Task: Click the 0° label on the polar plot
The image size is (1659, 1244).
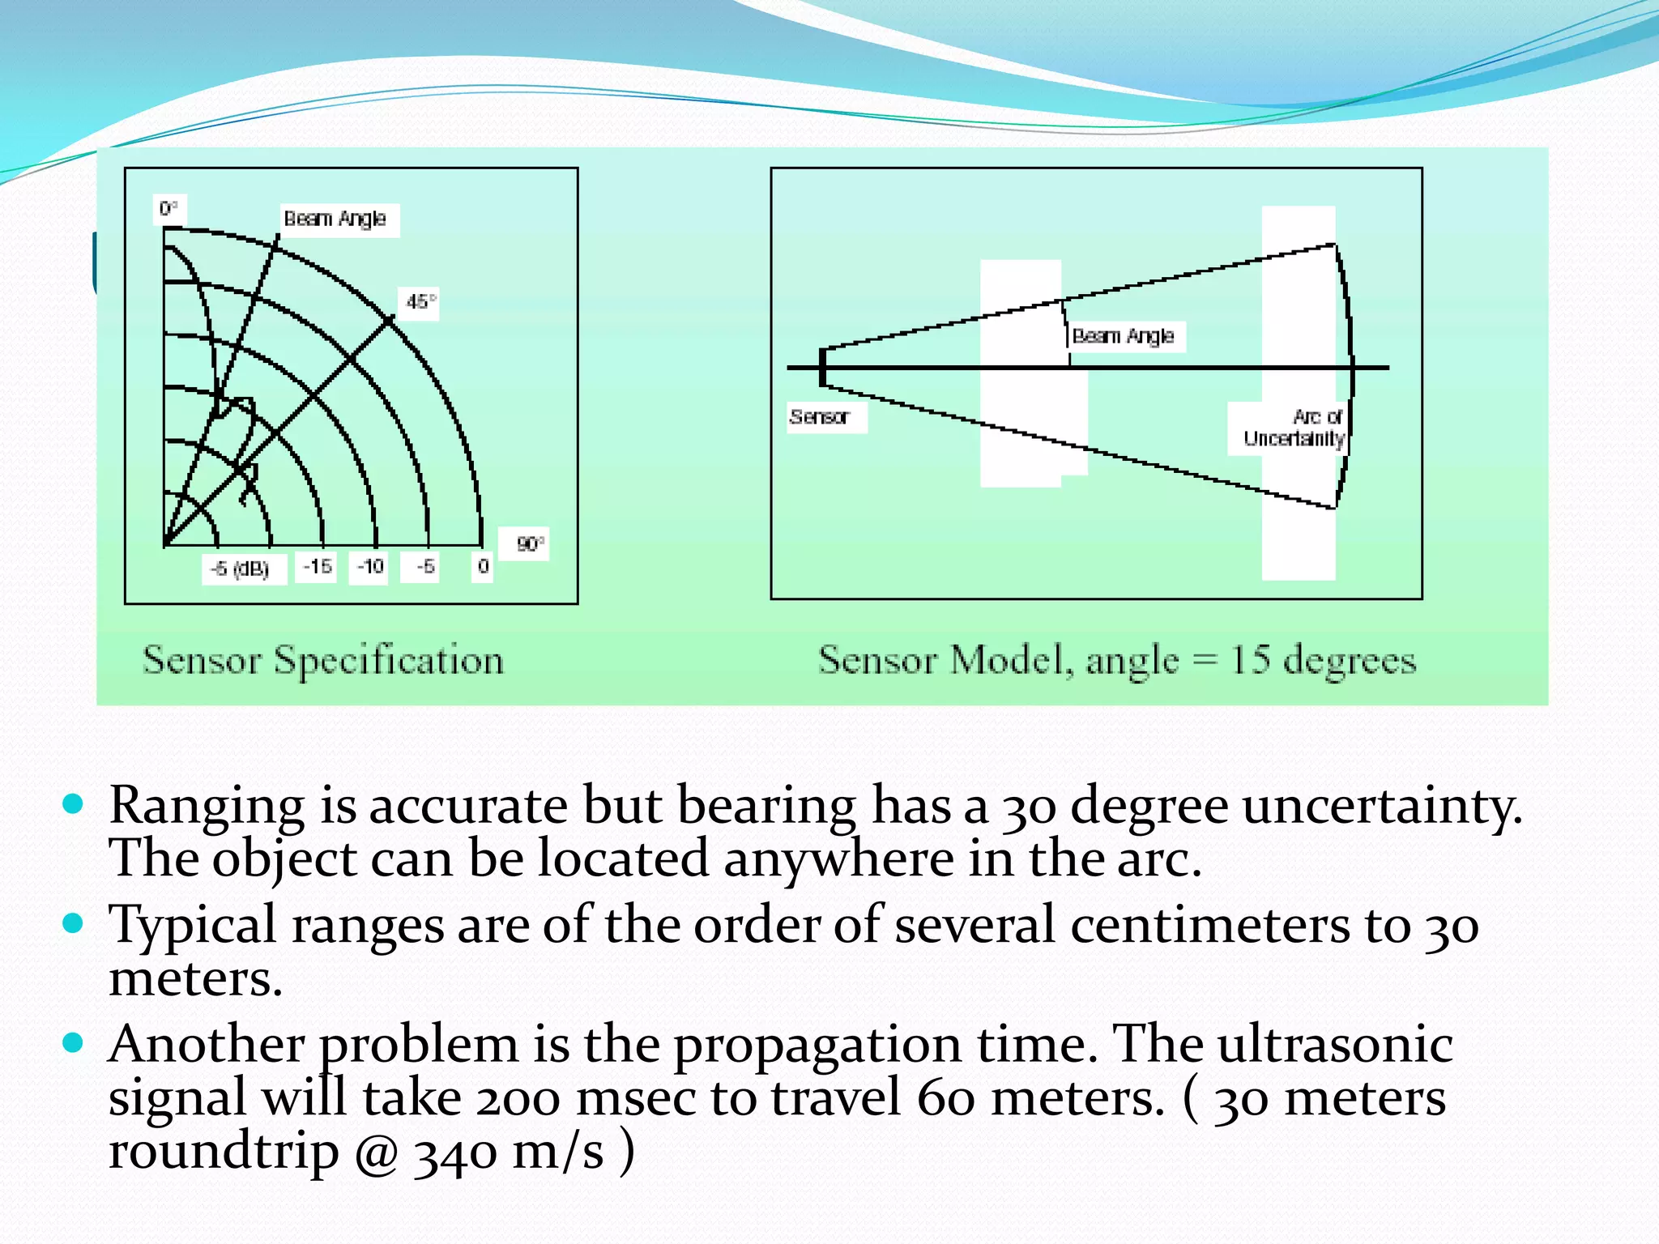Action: (x=168, y=209)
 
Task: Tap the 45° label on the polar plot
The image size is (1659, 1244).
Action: (x=420, y=302)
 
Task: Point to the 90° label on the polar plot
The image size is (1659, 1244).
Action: (x=530, y=543)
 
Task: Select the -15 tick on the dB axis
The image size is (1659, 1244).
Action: (x=317, y=566)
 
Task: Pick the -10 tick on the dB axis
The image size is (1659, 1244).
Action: (x=370, y=566)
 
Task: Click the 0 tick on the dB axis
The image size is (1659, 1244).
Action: (x=483, y=566)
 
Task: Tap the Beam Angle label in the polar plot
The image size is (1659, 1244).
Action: (x=335, y=219)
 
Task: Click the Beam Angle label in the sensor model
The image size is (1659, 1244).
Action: (x=1123, y=335)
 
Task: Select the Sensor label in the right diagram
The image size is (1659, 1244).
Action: (x=819, y=417)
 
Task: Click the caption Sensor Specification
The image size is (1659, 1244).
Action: (x=323, y=659)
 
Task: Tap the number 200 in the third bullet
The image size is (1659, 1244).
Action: (x=518, y=1098)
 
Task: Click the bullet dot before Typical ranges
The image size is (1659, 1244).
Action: (x=73, y=923)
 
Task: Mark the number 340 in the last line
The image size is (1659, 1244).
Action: (x=455, y=1153)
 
